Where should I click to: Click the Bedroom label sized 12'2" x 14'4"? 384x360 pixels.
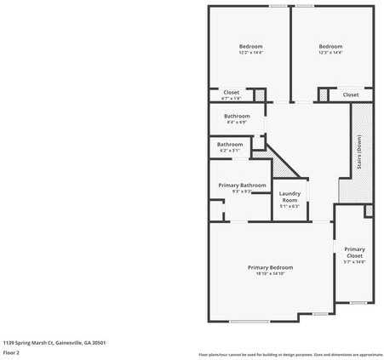coord(250,46)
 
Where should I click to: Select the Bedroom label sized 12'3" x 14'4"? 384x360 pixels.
coord(330,46)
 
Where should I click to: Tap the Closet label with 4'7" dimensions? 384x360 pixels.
coord(232,92)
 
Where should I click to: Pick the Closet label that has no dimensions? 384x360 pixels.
coord(351,94)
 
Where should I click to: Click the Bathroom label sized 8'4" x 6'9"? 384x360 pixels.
coord(237,116)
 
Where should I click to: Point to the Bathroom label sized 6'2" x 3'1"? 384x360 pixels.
coord(229,145)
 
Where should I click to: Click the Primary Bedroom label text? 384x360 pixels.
coord(269,267)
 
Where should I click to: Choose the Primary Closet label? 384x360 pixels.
coord(354,252)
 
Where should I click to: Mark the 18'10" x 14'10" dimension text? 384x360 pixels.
coord(269,274)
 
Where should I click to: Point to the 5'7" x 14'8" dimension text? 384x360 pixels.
coord(354,262)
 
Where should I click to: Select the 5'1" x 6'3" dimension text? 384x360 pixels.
coord(289,206)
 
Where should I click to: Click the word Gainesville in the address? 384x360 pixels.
coord(75,342)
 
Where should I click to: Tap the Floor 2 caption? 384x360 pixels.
coord(12,352)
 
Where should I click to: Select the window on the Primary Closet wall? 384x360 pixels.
coord(358,302)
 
